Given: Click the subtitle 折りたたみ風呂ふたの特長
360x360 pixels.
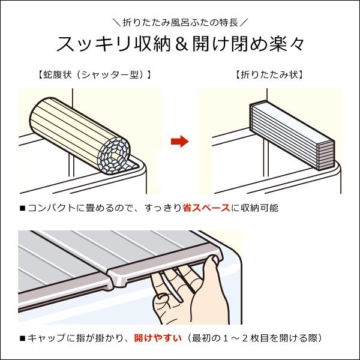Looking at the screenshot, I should coord(179,23).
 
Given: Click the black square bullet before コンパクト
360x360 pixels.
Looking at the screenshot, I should coord(22,208).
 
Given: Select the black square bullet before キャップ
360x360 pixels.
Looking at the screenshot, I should coord(22,338).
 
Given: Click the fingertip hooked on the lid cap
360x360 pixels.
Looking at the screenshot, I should coord(211,260).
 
